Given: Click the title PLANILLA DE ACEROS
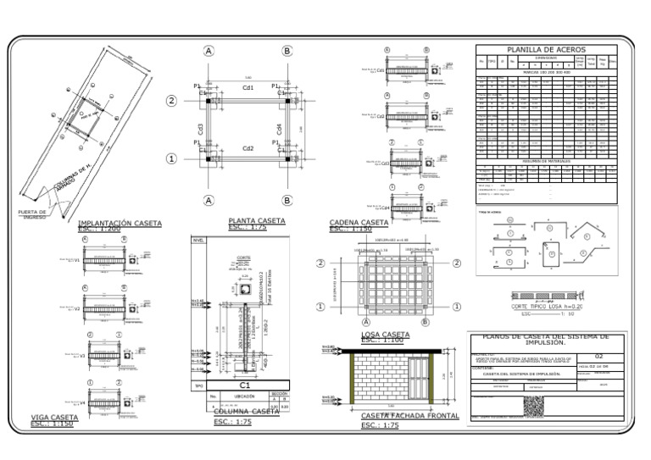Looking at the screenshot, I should click(x=546, y=50).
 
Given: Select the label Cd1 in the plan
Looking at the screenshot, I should click(x=248, y=87).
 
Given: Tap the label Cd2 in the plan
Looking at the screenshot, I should click(x=248, y=148).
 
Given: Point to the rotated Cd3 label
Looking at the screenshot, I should click(x=201, y=129).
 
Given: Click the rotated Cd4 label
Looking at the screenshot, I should click(x=279, y=129).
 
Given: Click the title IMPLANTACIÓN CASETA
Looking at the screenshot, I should click(x=120, y=223).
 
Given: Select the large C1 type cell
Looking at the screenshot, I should click(x=245, y=385).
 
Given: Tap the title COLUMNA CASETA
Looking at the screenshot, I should click(x=246, y=412).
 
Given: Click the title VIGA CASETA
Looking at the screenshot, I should click(x=54, y=417).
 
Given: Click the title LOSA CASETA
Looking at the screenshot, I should click(x=385, y=335).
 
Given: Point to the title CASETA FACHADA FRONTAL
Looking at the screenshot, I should click(x=409, y=416).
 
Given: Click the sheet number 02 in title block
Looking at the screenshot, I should click(x=599, y=356).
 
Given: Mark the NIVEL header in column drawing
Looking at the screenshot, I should click(x=199, y=241).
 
